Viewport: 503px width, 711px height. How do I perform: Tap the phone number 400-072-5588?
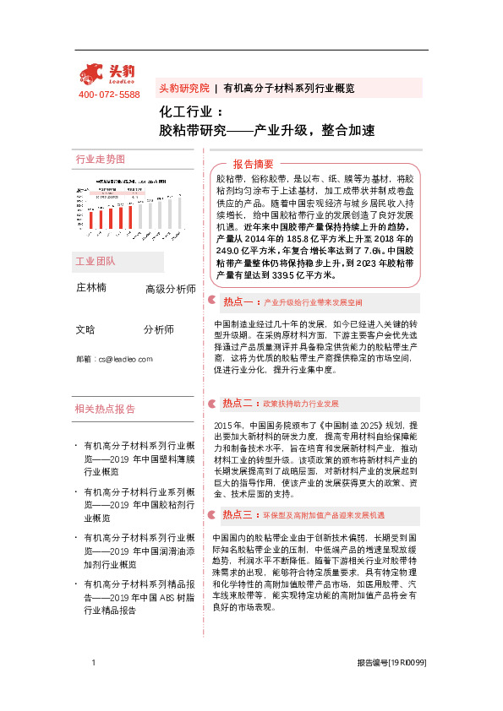click(109, 95)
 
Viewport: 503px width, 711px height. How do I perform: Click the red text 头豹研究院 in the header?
click(183, 88)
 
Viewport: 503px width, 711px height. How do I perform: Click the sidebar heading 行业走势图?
click(100, 159)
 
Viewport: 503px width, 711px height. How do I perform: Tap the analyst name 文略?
click(85, 329)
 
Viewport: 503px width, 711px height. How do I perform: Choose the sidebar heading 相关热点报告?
click(105, 410)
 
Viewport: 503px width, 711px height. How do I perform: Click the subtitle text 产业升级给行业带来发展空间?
click(313, 301)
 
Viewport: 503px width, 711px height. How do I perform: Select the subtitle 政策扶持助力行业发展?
click(301, 404)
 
